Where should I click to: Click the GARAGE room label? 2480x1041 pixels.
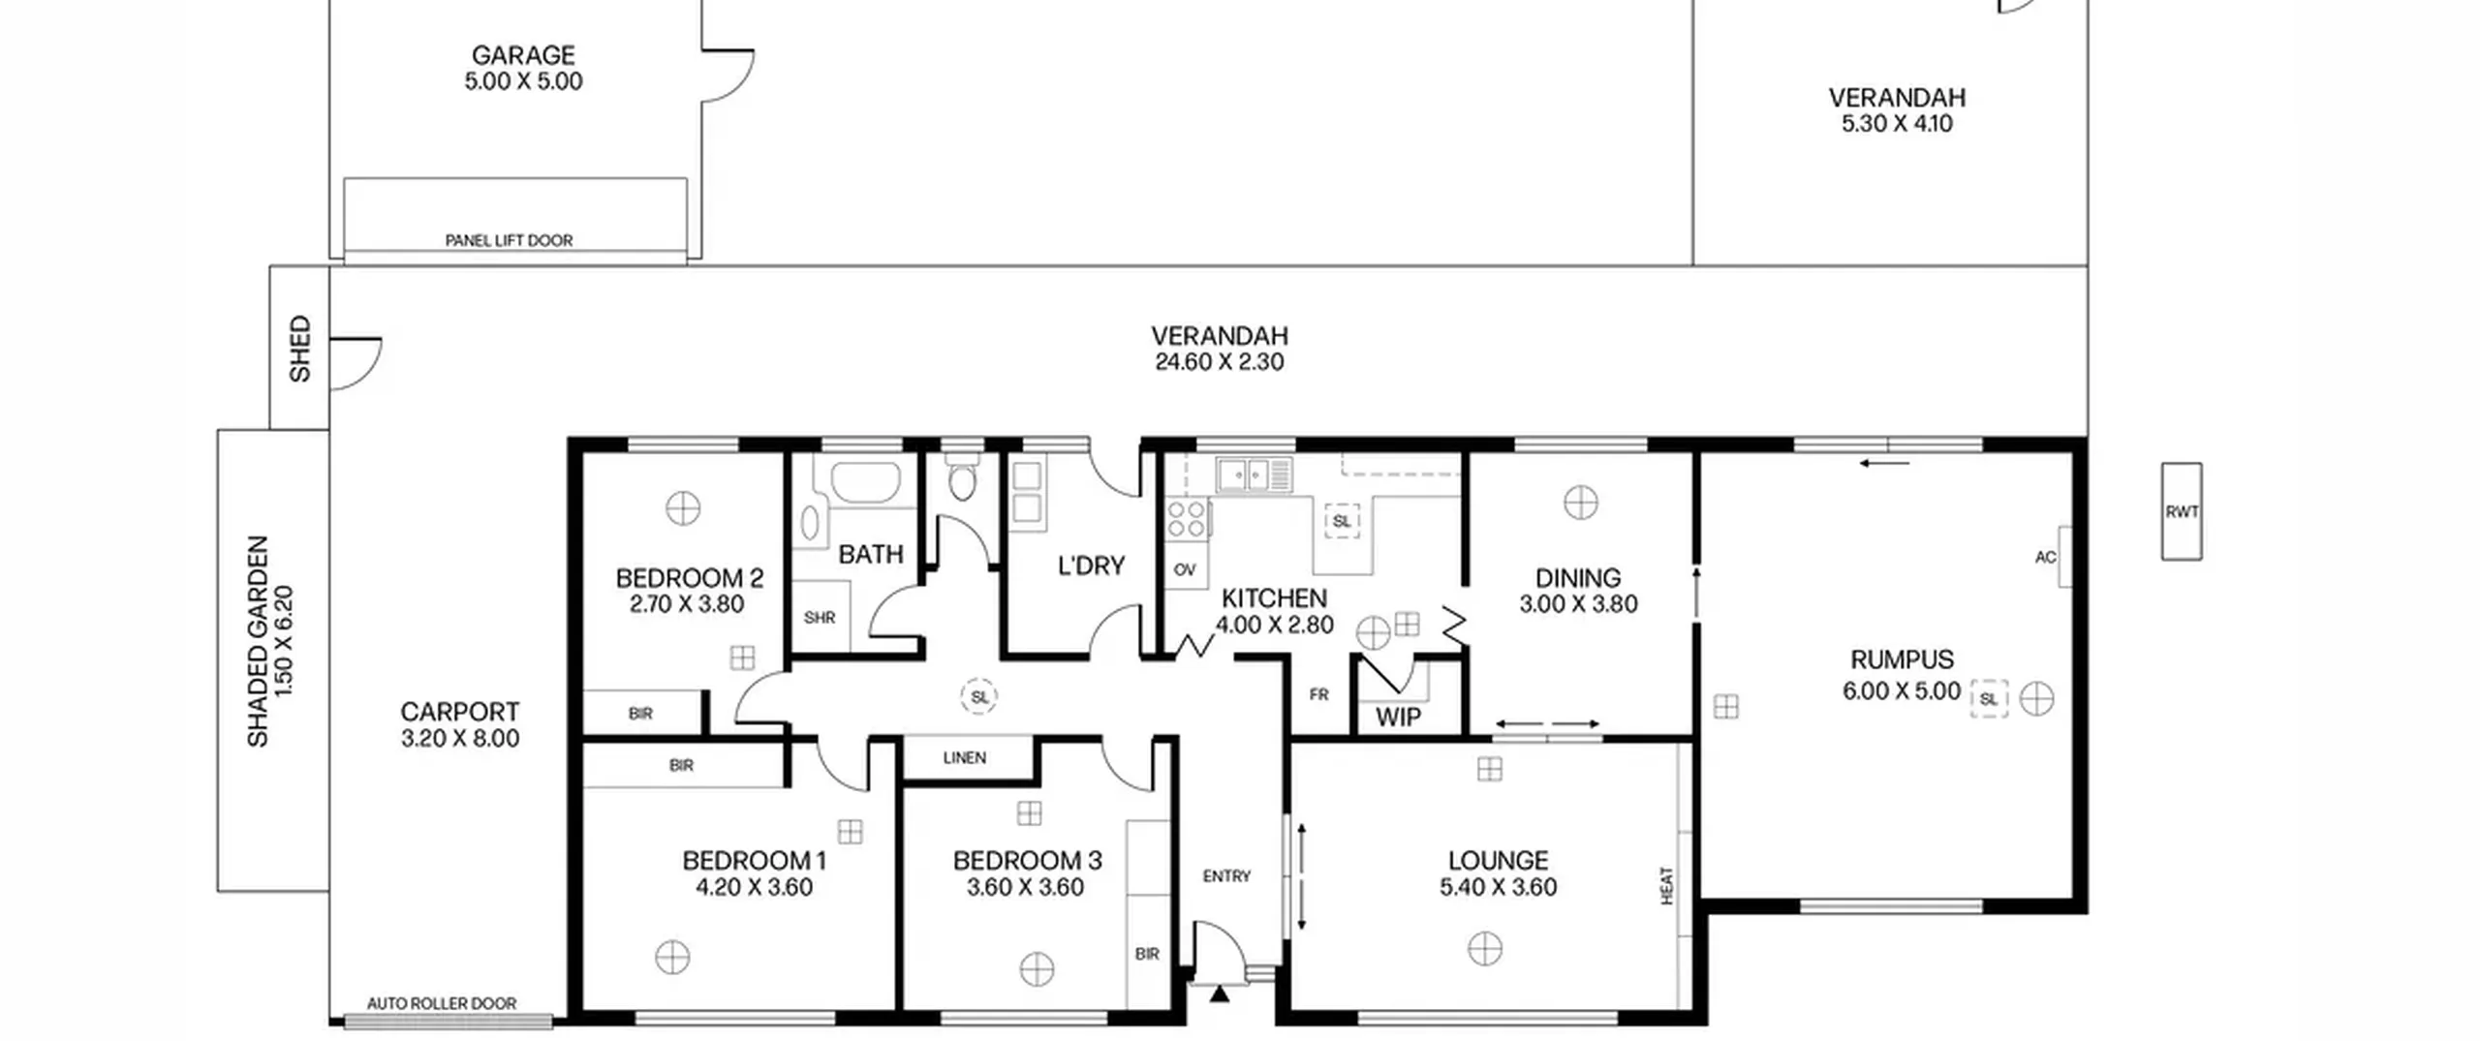[523, 55]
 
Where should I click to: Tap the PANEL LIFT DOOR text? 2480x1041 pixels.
[509, 240]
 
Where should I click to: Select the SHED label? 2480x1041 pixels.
[300, 349]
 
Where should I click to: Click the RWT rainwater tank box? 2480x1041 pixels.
[2182, 511]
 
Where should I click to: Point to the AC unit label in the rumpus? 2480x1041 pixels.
[2045, 557]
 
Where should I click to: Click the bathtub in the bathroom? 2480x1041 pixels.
[866, 482]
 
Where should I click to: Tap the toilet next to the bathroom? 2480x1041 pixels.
[962, 476]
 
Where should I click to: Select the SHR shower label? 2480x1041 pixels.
[820, 617]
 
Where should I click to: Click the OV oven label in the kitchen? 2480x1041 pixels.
[1185, 569]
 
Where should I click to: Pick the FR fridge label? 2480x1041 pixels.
[1318, 694]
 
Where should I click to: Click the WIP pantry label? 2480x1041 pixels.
[1398, 718]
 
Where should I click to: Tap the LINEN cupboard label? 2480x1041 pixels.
[965, 757]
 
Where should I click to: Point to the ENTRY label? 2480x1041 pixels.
[1226, 875]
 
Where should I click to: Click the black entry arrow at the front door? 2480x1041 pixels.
[1219, 993]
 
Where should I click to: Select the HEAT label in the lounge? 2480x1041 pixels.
[1667, 886]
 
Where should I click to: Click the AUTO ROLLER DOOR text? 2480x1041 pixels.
[442, 1004]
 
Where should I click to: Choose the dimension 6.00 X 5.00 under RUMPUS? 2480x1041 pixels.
[1901, 690]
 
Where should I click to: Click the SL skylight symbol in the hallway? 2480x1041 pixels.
[979, 696]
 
